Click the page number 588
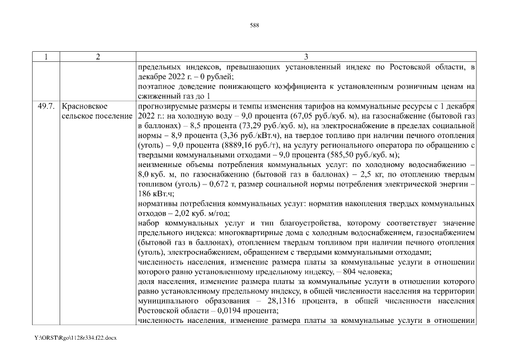254,25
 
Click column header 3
305,57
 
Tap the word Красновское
85,106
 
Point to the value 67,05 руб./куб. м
319,115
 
